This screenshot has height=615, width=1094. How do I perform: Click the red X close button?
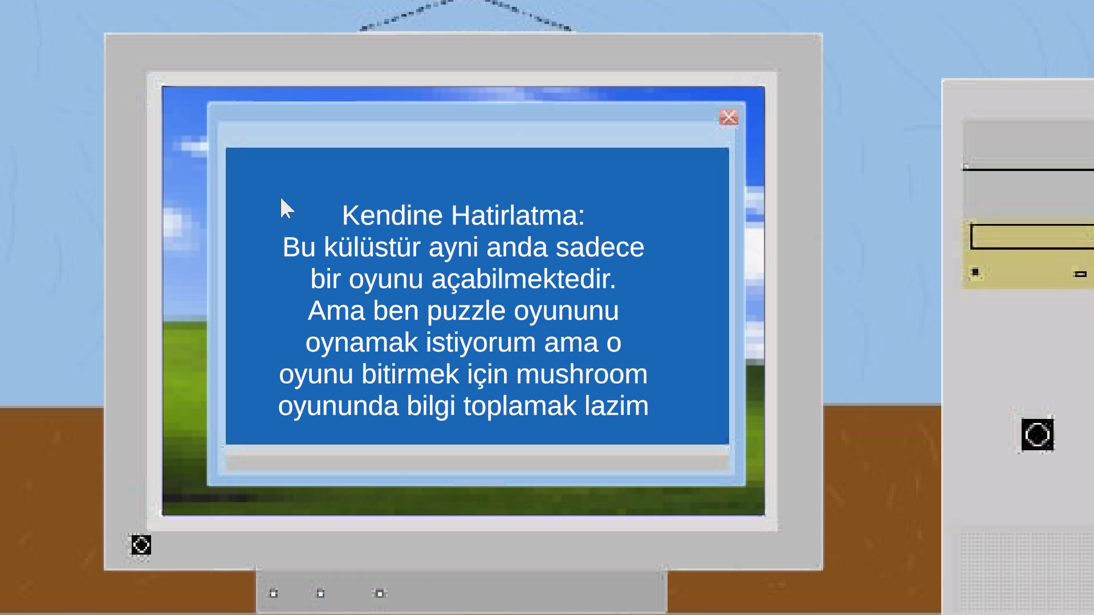tap(729, 117)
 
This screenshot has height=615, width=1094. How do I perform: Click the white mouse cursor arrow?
tap(287, 209)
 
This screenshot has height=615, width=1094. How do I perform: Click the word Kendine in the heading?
tap(392, 215)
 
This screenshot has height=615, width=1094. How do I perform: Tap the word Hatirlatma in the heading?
tap(518, 215)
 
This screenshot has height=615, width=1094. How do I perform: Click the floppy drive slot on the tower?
tap(1032, 236)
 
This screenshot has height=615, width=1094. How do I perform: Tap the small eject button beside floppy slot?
tap(1080, 274)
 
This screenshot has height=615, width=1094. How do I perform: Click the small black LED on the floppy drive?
tap(975, 272)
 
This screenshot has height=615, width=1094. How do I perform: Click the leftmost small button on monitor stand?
tap(274, 593)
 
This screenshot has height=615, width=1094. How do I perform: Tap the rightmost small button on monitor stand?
tap(380, 593)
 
